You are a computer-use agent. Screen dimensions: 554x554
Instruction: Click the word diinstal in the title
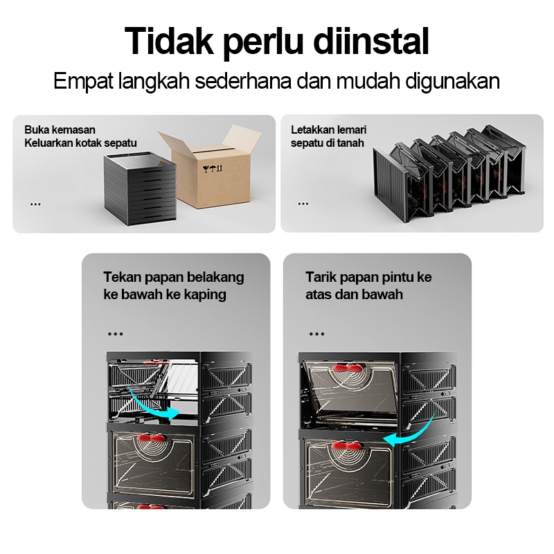point(371,41)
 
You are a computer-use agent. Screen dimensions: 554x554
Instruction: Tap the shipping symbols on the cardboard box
point(213,168)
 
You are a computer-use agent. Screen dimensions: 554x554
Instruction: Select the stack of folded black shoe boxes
point(140,188)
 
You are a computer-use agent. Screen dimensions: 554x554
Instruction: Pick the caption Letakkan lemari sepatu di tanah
point(328,136)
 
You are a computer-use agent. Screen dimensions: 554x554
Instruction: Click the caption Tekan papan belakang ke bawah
point(174,285)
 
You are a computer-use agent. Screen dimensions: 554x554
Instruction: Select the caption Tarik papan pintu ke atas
point(368,285)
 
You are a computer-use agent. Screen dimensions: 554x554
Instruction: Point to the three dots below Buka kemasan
point(35,204)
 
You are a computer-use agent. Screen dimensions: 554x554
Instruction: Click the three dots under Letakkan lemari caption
point(303,204)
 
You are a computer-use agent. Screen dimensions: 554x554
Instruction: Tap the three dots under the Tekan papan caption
point(115,334)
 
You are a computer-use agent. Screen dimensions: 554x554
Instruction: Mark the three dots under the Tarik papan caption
point(316,334)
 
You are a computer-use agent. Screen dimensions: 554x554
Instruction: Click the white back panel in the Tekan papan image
point(181,378)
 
